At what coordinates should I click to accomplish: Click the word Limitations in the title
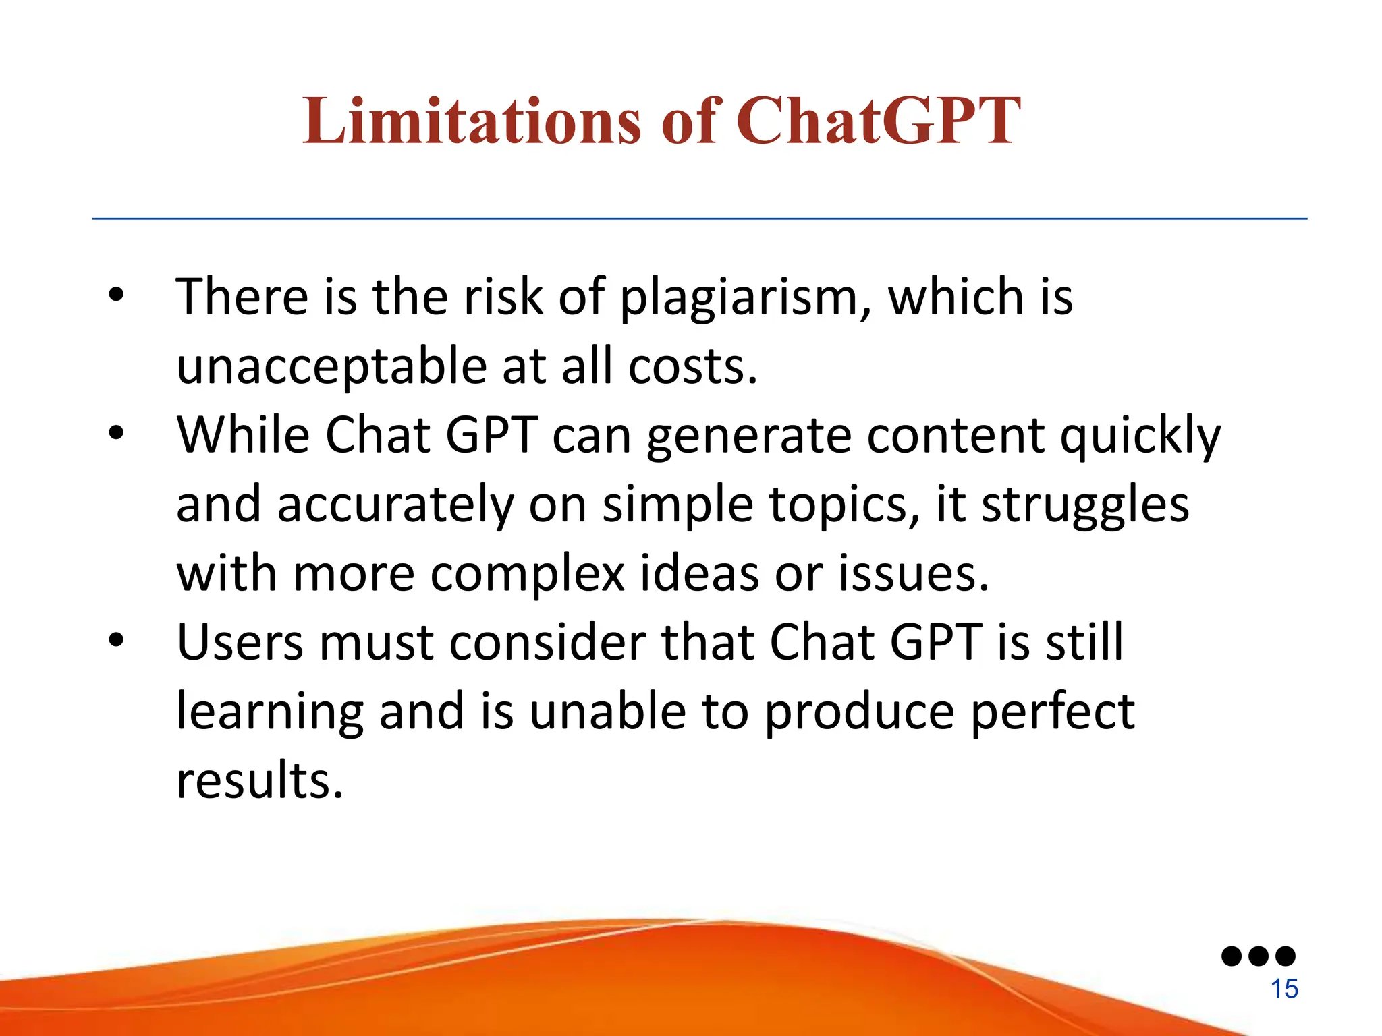pyautogui.click(x=470, y=121)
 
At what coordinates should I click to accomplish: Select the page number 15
pyautogui.click(x=1284, y=989)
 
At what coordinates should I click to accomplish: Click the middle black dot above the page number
pyautogui.click(x=1259, y=956)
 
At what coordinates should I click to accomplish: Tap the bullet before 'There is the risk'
pyautogui.click(x=116, y=295)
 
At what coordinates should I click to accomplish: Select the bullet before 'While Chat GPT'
pyautogui.click(x=116, y=433)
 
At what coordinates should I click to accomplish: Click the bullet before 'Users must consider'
pyautogui.click(x=116, y=641)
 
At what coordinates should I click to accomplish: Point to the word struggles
pyautogui.click(x=1084, y=506)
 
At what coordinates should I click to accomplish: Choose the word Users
pyautogui.click(x=240, y=642)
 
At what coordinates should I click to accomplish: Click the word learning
pyautogui.click(x=270, y=713)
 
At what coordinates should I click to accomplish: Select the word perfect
pyautogui.click(x=1053, y=713)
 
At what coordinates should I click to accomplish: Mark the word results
pyautogui.click(x=260, y=781)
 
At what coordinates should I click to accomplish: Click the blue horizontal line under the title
pyautogui.click(x=699, y=219)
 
